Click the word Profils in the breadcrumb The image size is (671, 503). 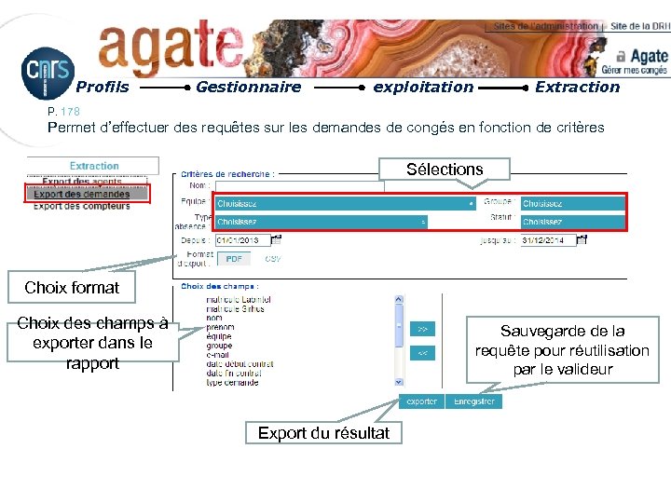point(102,88)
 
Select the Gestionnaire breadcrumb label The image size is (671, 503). point(248,88)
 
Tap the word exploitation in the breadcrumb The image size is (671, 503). point(423,88)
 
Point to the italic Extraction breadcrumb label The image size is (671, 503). point(577,88)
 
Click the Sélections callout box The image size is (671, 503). point(445,170)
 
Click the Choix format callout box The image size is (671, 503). point(72,288)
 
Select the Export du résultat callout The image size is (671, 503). point(323,433)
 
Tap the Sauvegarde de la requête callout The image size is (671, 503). point(562,350)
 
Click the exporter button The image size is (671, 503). point(421,401)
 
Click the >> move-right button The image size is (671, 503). point(422,329)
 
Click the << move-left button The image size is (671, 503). point(422,353)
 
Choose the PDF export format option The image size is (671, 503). point(234,258)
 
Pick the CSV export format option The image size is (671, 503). point(273,258)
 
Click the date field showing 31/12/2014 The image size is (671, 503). point(548,240)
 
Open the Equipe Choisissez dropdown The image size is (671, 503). point(346,204)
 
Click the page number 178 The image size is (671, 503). point(72,112)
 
